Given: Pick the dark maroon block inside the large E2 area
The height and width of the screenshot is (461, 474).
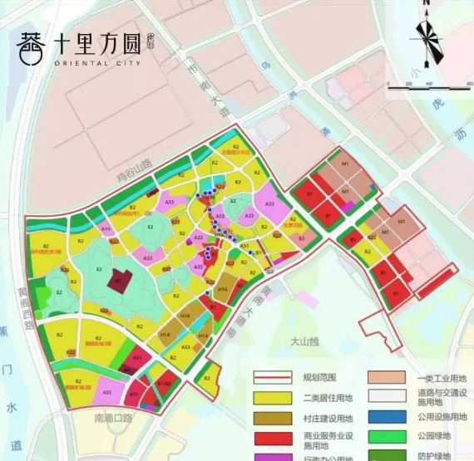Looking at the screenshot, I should coord(119,282).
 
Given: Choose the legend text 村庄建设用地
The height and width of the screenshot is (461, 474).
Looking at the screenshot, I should coord(328,418).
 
